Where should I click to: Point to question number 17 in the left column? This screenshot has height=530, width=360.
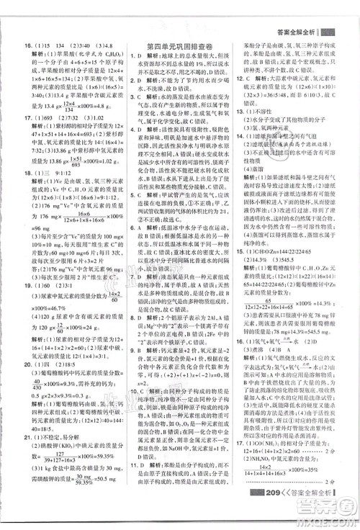tap(16, 118)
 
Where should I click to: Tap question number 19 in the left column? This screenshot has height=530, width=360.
tap(16, 286)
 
